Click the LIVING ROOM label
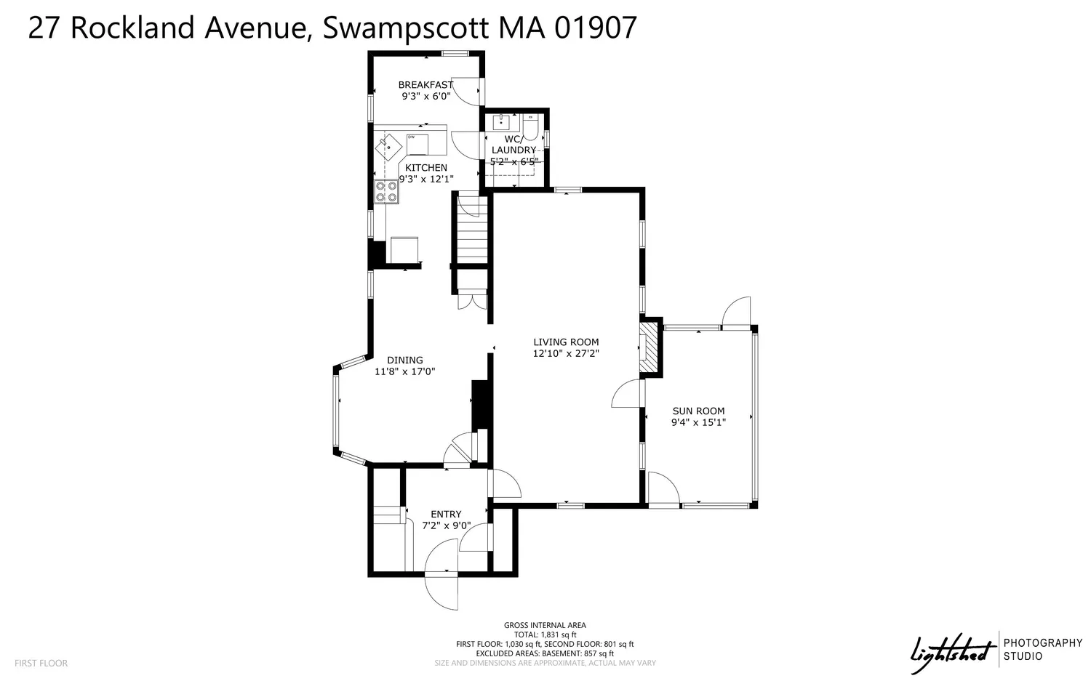pyautogui.click(x=565, y=342)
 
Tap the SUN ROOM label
pyautogui.click(x=698, y=411)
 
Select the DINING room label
pyautogui.click(x=404, y=360)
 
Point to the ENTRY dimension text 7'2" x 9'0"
pyautogui.click(x=446, y=525)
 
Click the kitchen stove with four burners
pyautogui.click(x=386, y=191)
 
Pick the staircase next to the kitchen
pyautogui.click(x=472, y=229)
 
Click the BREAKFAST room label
pyautogui.click(x=425, y=84)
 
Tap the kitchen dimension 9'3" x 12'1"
pyautogui.click(x=425, y=179)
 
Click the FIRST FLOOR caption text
pyautogui.click(x=41, y=663)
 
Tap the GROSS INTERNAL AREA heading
pyautogui.click(x=545, y=625)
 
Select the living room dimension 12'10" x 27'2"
pyautogui.click(x=565, y=354)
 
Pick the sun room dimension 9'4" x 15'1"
pyautogui.click(x=698, y=422)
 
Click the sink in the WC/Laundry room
pyautogui.click(x=501, y=121)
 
